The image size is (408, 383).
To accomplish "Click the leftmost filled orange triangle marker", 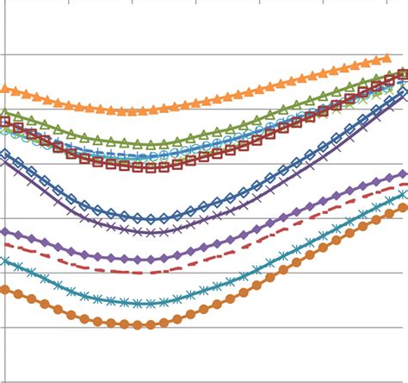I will coord(5,88).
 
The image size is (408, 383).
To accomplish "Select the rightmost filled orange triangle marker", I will coord(386,60).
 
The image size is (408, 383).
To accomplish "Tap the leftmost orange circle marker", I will coord(5,290).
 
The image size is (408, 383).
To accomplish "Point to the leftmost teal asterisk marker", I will coord(5,261).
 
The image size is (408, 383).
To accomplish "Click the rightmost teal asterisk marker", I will coord(403,196).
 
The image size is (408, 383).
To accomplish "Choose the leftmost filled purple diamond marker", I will coord(5,231).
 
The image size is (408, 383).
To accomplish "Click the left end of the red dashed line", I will coord(5,244).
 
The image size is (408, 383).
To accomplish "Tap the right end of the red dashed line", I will coord(406,184).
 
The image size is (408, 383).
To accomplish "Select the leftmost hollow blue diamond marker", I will coord(5,154).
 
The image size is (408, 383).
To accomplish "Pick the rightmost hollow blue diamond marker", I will coord(403,93).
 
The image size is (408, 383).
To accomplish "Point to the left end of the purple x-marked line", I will coord(5,160).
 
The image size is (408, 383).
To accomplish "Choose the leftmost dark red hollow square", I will coord(5,122).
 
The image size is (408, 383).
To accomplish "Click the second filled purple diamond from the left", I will coord(18,235).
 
